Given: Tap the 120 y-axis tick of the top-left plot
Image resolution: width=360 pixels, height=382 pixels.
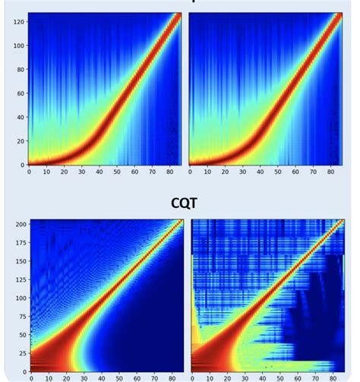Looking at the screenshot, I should point(16,23).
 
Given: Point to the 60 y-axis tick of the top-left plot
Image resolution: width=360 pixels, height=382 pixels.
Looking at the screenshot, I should point(17,93).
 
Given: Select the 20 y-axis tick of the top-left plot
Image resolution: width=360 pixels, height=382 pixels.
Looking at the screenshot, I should point(17,140).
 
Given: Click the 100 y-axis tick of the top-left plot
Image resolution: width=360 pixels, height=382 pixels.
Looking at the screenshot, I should point(16,46).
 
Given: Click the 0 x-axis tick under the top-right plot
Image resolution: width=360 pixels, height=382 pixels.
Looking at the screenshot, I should point(190,172).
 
